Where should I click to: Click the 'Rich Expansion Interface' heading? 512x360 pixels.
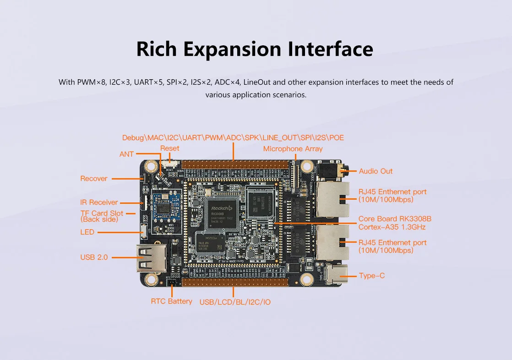255,49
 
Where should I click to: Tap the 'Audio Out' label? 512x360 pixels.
376,171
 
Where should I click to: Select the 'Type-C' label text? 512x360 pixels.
372,276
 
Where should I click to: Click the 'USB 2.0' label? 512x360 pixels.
94,257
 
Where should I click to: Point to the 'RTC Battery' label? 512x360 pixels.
171,301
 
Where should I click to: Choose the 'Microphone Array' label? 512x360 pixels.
293,149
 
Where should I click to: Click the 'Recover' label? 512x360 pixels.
94,179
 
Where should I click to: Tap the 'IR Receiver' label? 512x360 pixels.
99,202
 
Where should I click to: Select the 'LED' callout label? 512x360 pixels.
87,232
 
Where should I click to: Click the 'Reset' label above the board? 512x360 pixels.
169,148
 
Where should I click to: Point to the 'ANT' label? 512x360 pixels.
126,154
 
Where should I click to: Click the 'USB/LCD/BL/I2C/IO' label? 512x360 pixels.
235,302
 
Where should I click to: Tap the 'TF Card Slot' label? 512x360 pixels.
102,213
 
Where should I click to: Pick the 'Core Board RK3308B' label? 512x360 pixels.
395,219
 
